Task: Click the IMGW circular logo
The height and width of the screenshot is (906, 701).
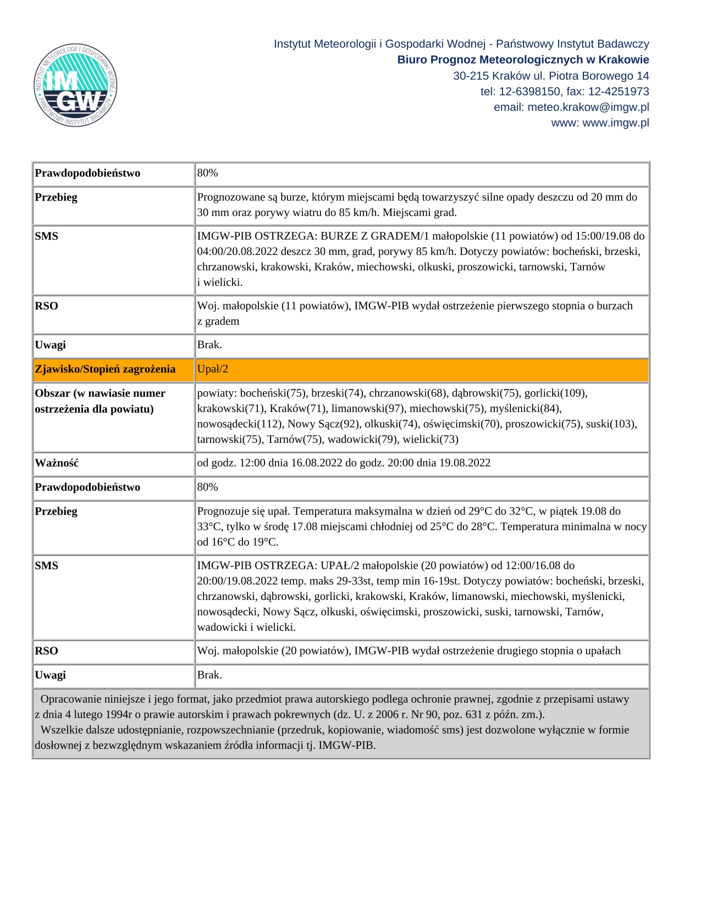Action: [x=75, y=85]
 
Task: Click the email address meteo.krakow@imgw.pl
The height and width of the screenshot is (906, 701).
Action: [x=588, y=107]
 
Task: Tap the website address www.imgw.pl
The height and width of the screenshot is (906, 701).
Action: [x=615, y=123]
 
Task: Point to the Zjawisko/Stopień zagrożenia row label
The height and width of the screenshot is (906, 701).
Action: [x=105, y=369]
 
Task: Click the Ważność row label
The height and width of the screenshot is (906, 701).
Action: [x=57, y=463]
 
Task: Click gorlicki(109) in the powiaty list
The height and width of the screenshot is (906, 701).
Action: [x=555, y=393]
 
